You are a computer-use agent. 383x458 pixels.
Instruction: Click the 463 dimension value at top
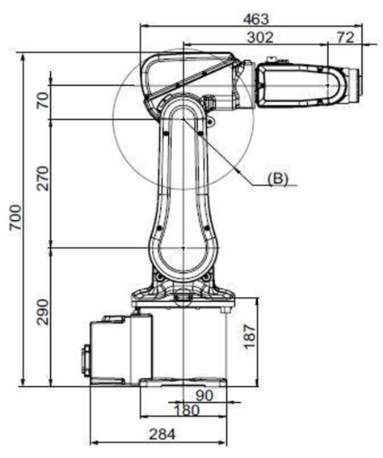tap(256, 19)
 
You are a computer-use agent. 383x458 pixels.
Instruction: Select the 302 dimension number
tap(260, 38)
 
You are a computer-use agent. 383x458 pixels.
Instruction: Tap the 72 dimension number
tap(346, 37)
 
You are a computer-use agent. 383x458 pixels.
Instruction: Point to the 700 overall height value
tap(15, 217)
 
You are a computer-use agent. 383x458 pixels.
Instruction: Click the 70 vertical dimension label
tap(43, 100)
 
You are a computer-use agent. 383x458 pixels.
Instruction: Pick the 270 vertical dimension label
tap(43, 178)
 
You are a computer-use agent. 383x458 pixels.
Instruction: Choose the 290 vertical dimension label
tap(43, 312)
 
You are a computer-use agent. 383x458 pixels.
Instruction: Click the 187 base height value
tap(250, 337)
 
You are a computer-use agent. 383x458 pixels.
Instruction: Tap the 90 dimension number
tap(204, 396)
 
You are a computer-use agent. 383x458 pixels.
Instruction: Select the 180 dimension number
tap(187, 409)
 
